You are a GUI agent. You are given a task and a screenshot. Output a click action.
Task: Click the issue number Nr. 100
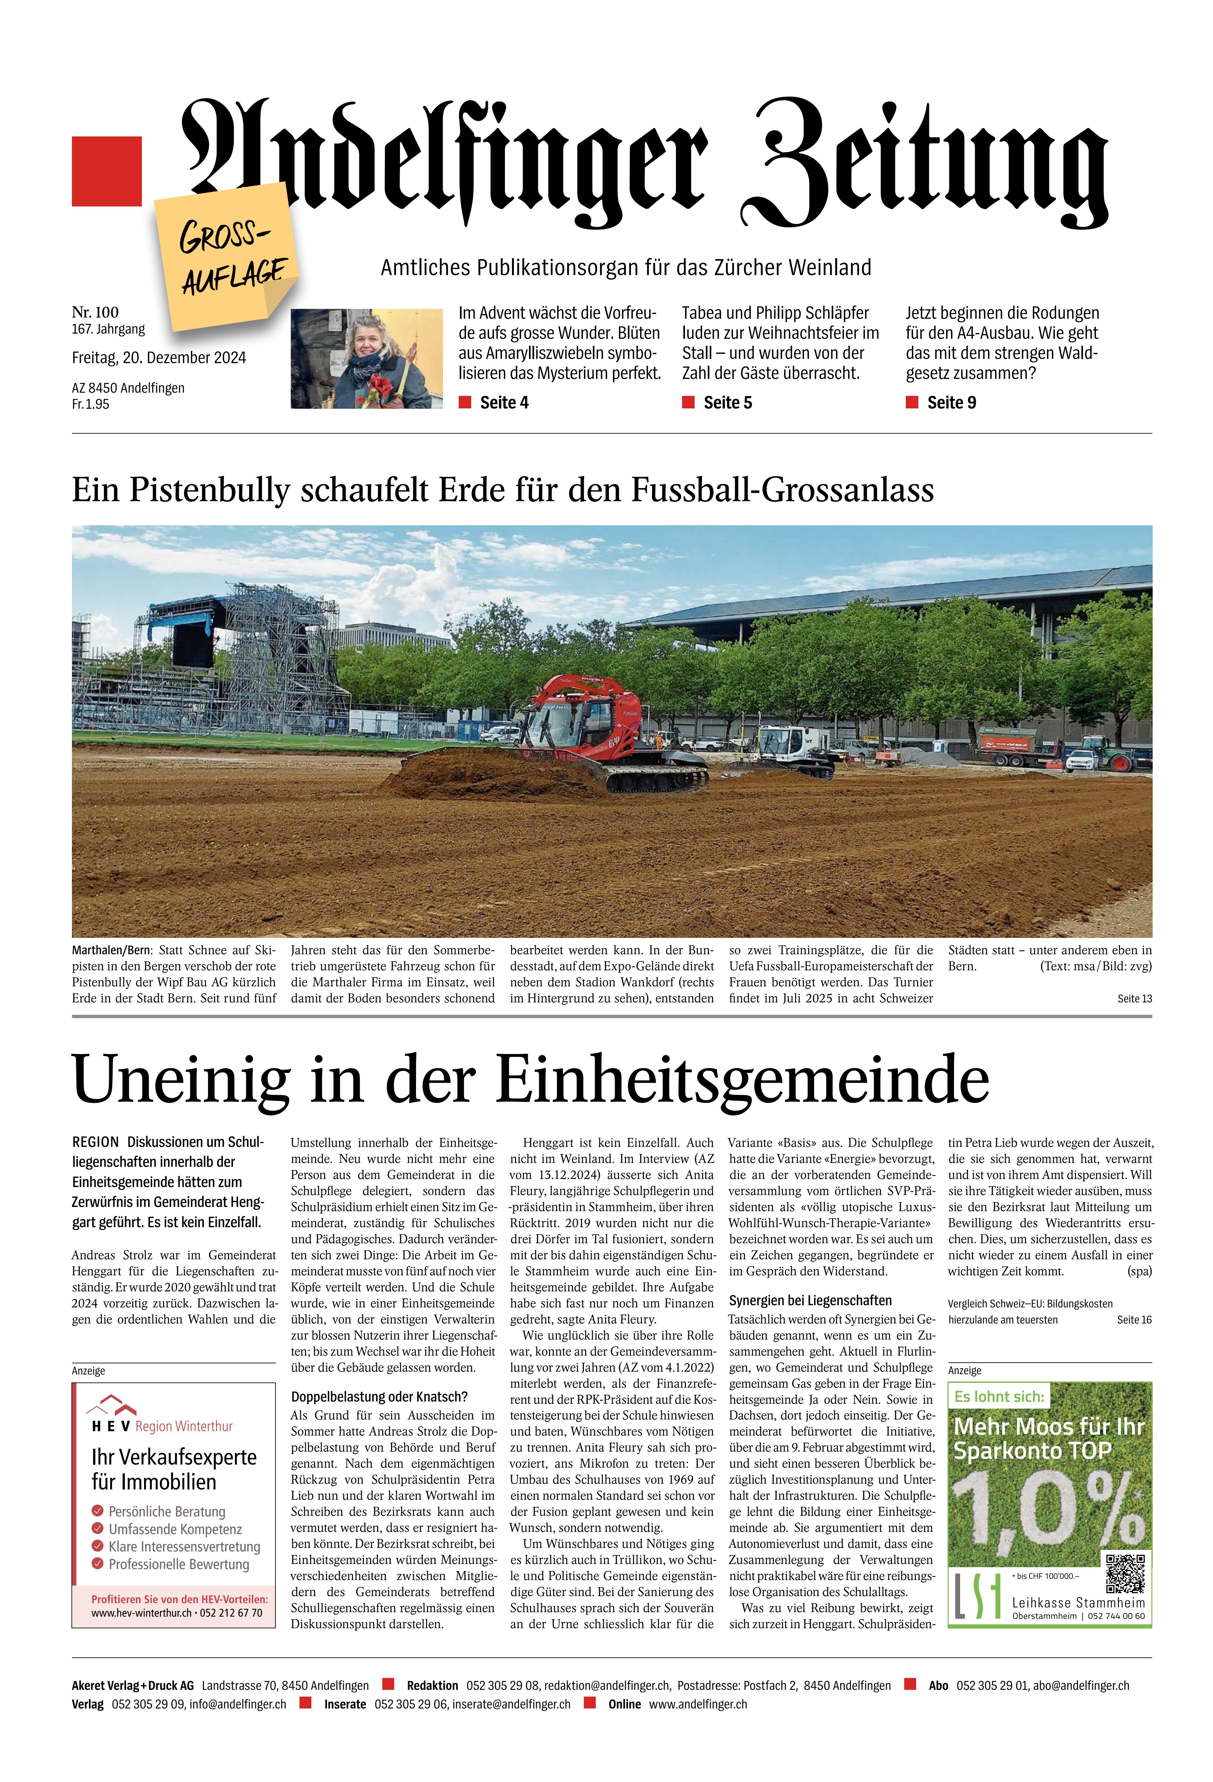coord(95,312)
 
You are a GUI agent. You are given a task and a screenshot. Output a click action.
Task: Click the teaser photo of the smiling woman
coord(367,358)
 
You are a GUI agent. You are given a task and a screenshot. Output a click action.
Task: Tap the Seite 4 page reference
coord(503,403)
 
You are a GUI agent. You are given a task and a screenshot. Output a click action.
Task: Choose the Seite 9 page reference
coord(951,403)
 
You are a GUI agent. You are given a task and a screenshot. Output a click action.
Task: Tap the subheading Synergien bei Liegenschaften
coord(810,1300)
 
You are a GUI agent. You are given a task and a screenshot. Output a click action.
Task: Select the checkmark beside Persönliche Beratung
coord(97,1511)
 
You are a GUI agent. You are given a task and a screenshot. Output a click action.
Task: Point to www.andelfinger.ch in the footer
coord(698,1704)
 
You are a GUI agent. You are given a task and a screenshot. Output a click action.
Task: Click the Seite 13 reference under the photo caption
coord(1134,998)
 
